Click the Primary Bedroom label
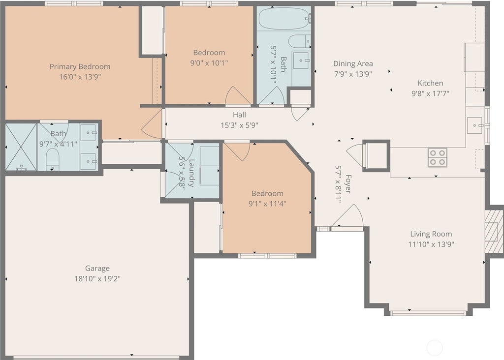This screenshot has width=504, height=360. coord(80,66)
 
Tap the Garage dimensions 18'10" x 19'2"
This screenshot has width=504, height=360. coord(97,278)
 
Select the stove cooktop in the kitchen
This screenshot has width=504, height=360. coord(438,157)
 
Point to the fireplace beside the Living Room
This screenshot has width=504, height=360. coord(494,231)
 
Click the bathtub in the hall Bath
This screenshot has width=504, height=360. coord(284,18)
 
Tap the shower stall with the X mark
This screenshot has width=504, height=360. coord(21,147)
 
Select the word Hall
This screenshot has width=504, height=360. coord(240,115)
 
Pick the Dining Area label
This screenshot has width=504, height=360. coord(353,63)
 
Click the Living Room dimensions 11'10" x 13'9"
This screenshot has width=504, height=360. coord(431,244)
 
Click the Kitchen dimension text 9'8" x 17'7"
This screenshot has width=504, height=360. coord(430,93)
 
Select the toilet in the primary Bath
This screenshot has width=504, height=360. coord(53,159)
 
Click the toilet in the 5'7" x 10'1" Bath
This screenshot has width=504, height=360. coord(299,41)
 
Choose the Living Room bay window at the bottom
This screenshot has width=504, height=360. coord(428,312)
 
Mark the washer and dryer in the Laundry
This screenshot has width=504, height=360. coord(209,166)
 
